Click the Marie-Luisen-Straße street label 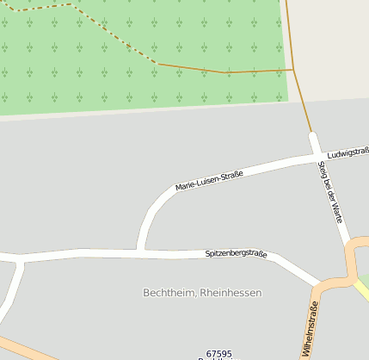pyautogui.click(x=209, y=181)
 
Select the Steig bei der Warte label pyautogui.click(x=330, y=191)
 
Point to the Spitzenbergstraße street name pyautogui.click(x=236, y=254)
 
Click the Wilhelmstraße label pyautogui.click(x=310, y=330)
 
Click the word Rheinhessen pyautogui.click(x=230, y=293)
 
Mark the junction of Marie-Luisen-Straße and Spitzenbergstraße pyautogui.click(x=139, y=251)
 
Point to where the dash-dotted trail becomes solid pyautogui.click(x=158, y=64)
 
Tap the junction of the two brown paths pyautogui.click(x=293, y=70)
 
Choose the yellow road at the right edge pyautogui.click(x=363, y=291)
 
